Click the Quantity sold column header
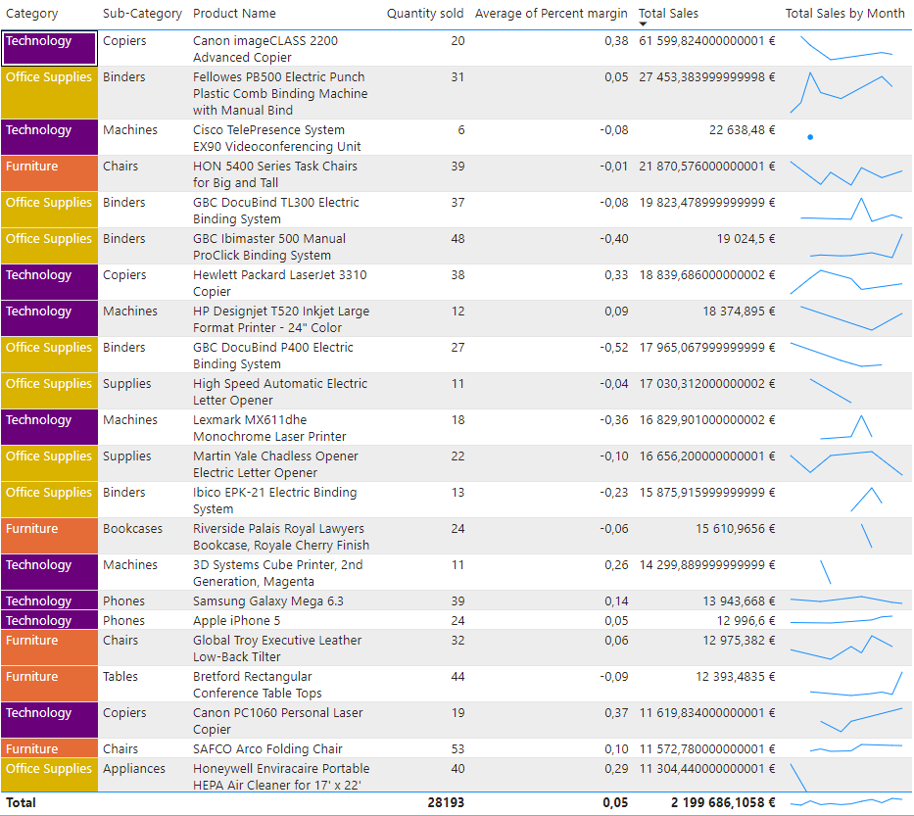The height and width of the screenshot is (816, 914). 425,14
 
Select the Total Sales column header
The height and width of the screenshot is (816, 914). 668,14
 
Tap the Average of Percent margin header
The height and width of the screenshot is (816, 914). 551,14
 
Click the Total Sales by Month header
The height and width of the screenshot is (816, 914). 844,14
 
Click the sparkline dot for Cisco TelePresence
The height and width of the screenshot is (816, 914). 810,137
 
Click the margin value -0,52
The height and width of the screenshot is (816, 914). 614,348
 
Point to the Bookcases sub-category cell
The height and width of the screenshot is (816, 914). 132,529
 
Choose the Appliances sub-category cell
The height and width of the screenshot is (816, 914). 137,769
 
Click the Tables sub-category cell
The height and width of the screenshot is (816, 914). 121,677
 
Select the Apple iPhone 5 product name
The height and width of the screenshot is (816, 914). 236,621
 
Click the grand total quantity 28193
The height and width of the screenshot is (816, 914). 446,803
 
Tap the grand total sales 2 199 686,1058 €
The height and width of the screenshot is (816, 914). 723,803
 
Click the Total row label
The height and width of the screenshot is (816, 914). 21,803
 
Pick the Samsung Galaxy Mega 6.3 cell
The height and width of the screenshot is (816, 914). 267,601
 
